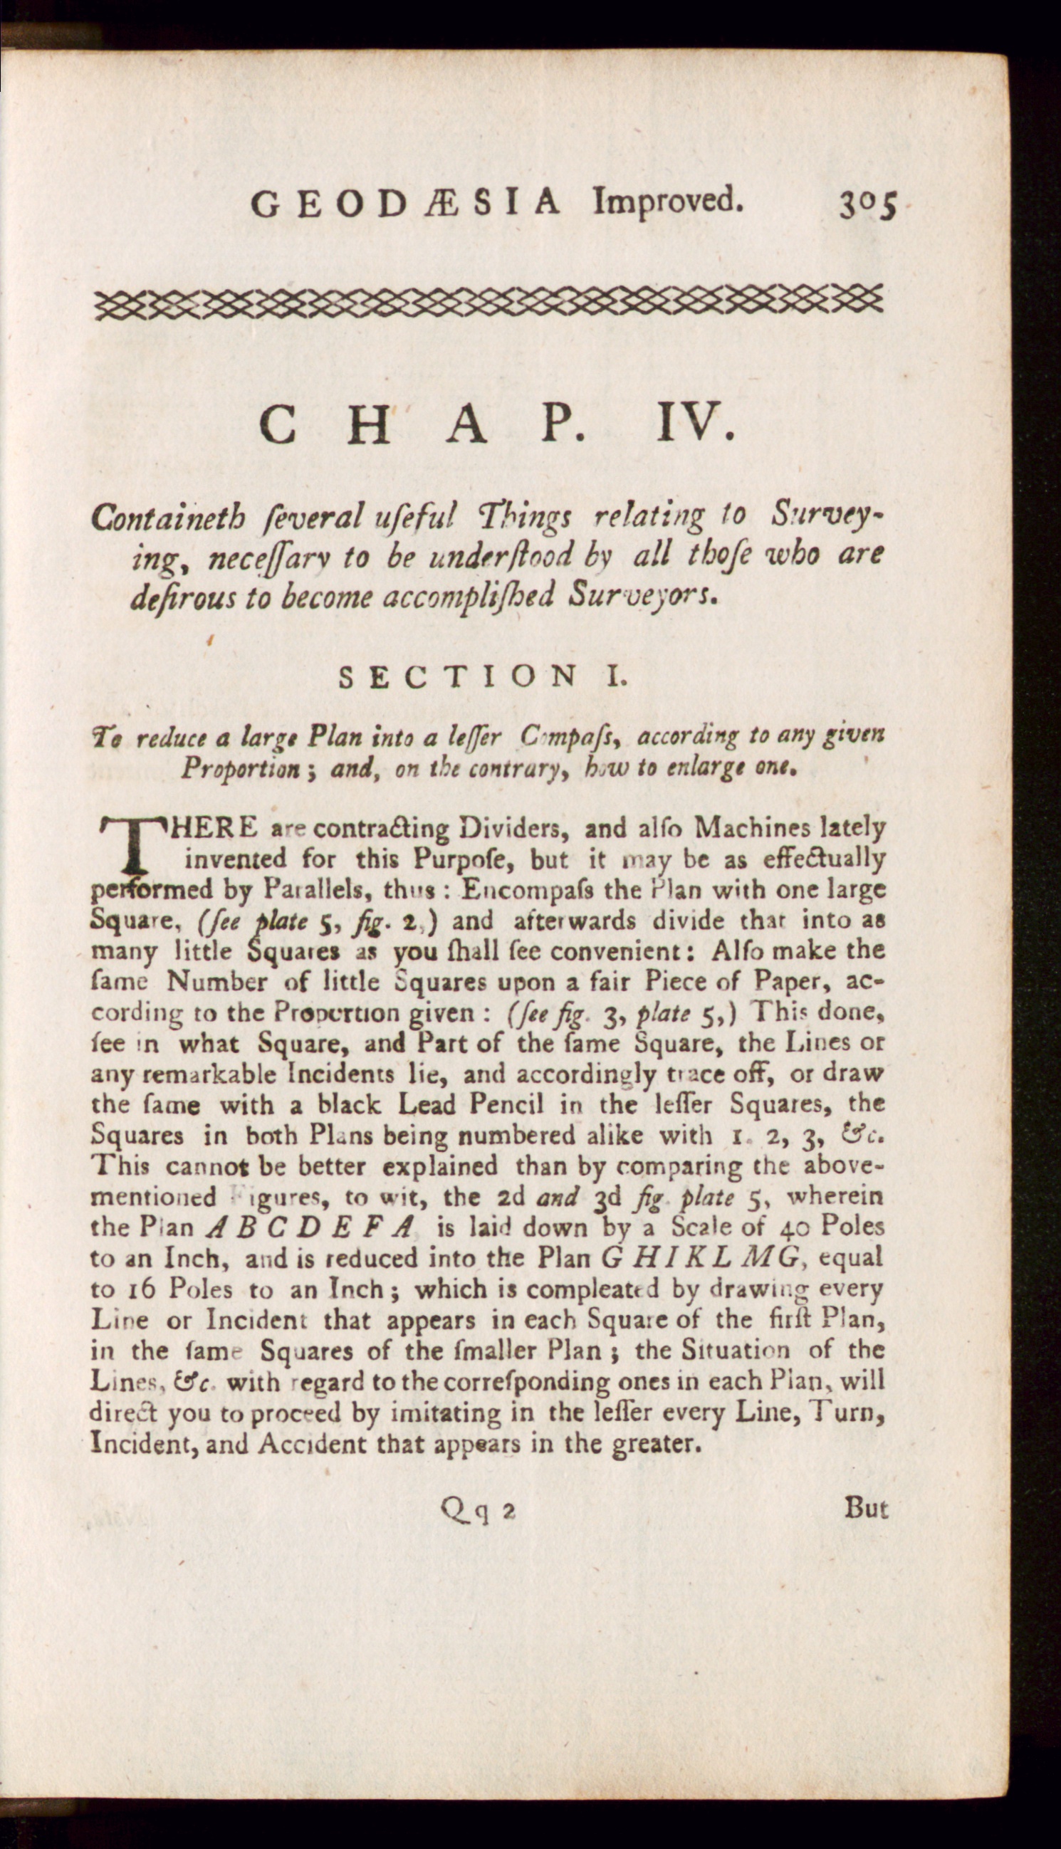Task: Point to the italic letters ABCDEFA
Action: click(310, 1229)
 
